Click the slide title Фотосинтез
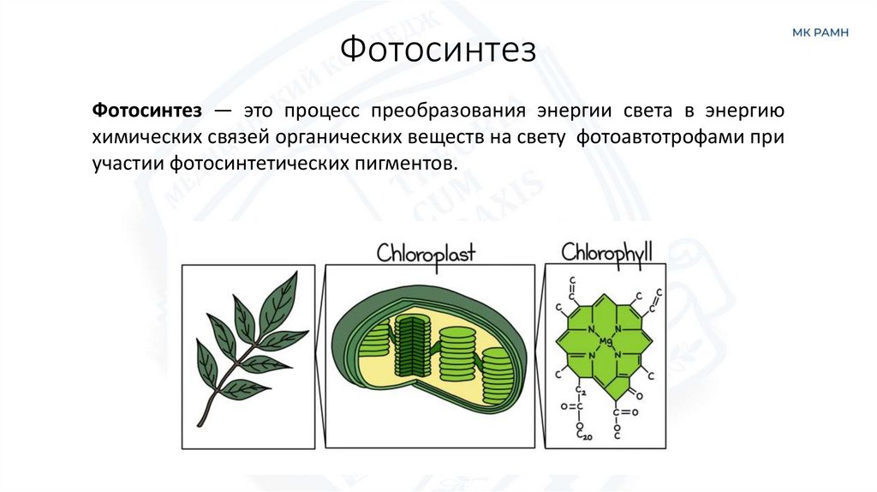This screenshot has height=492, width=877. click(438, 49)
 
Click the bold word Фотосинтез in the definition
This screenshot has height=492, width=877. click(146, 111)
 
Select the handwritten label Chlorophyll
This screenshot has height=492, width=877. click(606, 251)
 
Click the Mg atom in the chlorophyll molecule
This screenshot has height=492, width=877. click(606, 342)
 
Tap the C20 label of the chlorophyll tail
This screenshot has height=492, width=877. click(585, 436)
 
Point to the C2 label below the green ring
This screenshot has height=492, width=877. click(580, 392)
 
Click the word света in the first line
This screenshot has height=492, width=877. click(653, 111)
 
